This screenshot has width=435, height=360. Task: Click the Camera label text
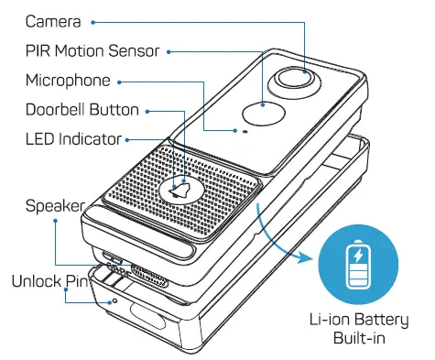[52, 19]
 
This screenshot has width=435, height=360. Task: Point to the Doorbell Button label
[83, 110]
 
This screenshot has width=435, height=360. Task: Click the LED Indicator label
[73, 140]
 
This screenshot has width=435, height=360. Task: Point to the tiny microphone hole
[245, 132]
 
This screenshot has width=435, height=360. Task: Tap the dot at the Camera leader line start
[96, 19]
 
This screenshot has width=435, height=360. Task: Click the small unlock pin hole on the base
[113, 299]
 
